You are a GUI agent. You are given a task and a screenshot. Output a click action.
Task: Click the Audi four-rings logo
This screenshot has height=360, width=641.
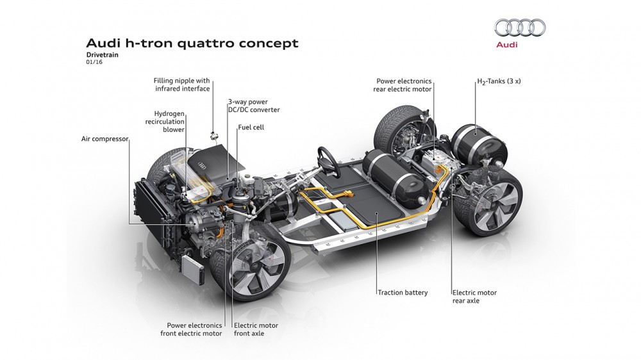point(520,28)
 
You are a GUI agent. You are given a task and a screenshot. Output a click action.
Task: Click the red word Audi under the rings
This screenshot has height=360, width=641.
point(507,45)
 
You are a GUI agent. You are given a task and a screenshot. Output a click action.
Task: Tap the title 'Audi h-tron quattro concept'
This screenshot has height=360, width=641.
point(192,44)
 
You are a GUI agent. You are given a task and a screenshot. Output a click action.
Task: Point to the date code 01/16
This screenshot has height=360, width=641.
point(94,63)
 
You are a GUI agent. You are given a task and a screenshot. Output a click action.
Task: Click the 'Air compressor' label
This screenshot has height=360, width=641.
point(105,138)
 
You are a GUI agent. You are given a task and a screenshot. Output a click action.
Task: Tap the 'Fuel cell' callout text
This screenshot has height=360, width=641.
point(251,127)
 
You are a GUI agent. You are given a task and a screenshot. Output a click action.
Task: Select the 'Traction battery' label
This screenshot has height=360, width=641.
point(403,293)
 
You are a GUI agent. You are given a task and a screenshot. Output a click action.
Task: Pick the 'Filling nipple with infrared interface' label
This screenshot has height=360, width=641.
point(182,85)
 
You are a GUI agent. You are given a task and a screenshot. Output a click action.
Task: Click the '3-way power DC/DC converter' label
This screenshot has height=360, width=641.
point(253,106)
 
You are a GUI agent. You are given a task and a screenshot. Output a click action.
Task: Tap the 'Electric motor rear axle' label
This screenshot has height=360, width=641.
point(474,297)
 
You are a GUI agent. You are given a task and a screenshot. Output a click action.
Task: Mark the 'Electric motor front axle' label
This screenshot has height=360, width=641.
point(256,329)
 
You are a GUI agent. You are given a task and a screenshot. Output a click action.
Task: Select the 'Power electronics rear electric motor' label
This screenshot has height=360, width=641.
point(403,85)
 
